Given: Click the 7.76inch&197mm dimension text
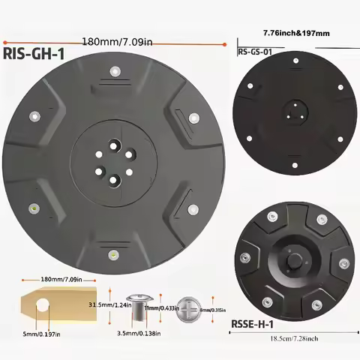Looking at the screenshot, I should pyautogui.click(x=298, y=34).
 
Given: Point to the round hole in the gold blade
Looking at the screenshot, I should pyautogui.click(x=43, y=304).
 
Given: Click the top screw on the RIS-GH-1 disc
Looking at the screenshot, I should pyautogui.click(x=115, y=71).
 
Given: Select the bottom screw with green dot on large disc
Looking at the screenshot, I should pyautogui.click(x=113, y=253).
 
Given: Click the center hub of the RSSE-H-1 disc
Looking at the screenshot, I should pyautogui.click(x=293, y=262).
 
